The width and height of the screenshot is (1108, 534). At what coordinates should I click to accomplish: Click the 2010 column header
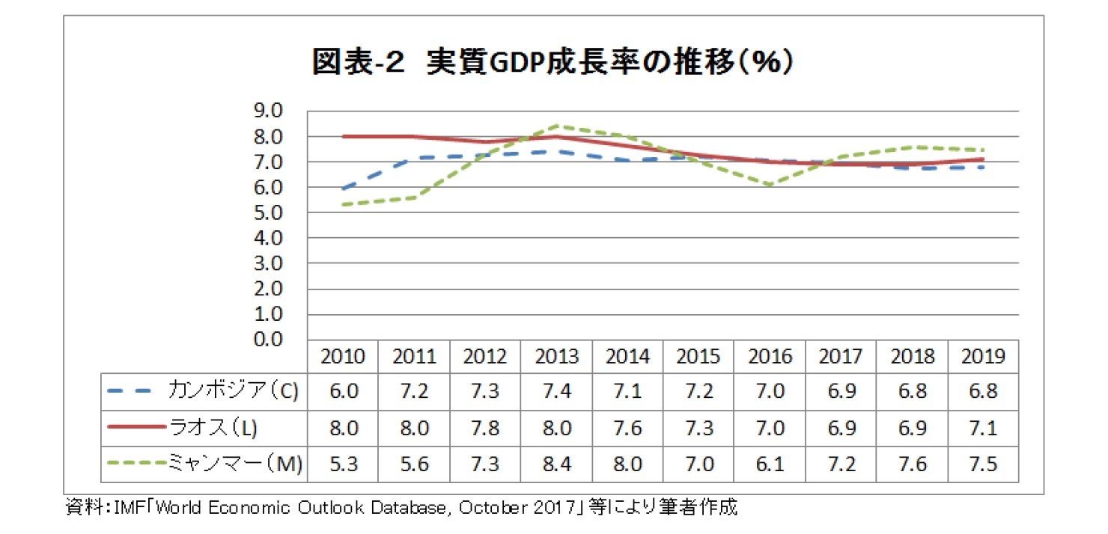click(343, 357)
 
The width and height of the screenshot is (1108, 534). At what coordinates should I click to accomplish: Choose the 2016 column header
click(770, 357)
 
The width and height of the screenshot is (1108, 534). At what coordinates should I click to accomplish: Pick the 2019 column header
click(983, 357)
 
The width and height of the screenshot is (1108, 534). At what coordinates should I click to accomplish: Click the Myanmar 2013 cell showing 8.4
click(556, 464)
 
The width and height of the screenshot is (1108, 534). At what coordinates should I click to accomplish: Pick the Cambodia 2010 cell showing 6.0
click(343, 391)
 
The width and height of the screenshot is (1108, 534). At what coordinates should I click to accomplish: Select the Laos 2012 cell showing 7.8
click(485, 427)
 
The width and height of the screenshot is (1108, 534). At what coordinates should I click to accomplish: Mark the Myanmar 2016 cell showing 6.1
click(770, 464)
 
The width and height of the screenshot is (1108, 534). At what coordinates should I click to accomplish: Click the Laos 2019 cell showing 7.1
click(983, 427)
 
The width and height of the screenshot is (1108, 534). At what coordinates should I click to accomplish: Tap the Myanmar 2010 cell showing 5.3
click(343, 464)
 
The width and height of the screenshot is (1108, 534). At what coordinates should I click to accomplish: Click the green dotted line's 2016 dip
click(770, 184)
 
